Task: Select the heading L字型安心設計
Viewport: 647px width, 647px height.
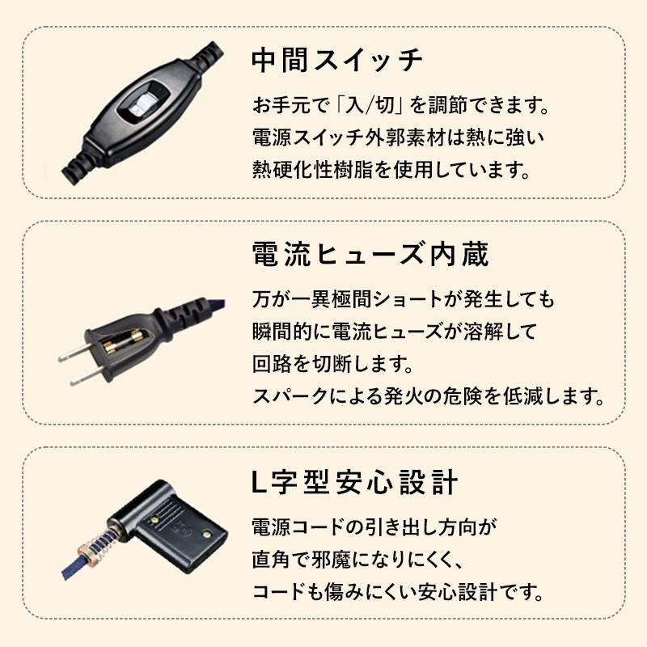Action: tap(355, 484)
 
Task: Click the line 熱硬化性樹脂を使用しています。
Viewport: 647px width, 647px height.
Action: tap(391, 171)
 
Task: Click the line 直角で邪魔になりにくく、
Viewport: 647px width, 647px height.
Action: tap(357, 559)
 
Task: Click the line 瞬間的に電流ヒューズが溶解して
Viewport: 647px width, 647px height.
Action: tap(384, 332)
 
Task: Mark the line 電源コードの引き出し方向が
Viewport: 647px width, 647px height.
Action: tap(373, 527)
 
